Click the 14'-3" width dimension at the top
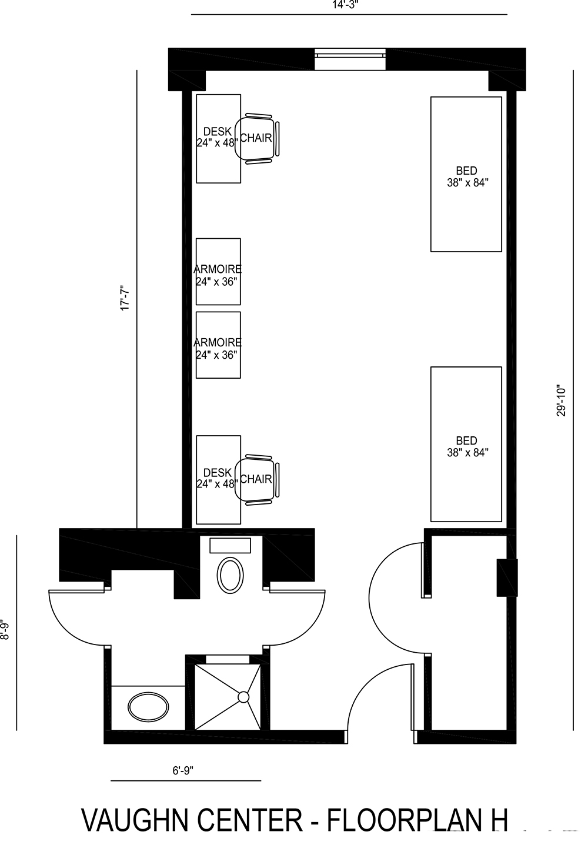345,5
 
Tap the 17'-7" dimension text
125,298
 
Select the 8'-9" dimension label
5,629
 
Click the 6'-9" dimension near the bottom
183,770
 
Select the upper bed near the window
466,174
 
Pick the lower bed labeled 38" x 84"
466,445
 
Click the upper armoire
218,272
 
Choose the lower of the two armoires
218,345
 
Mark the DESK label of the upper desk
218,132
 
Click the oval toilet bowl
230,575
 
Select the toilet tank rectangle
230,545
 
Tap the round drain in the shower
243,697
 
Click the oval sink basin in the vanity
148,707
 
